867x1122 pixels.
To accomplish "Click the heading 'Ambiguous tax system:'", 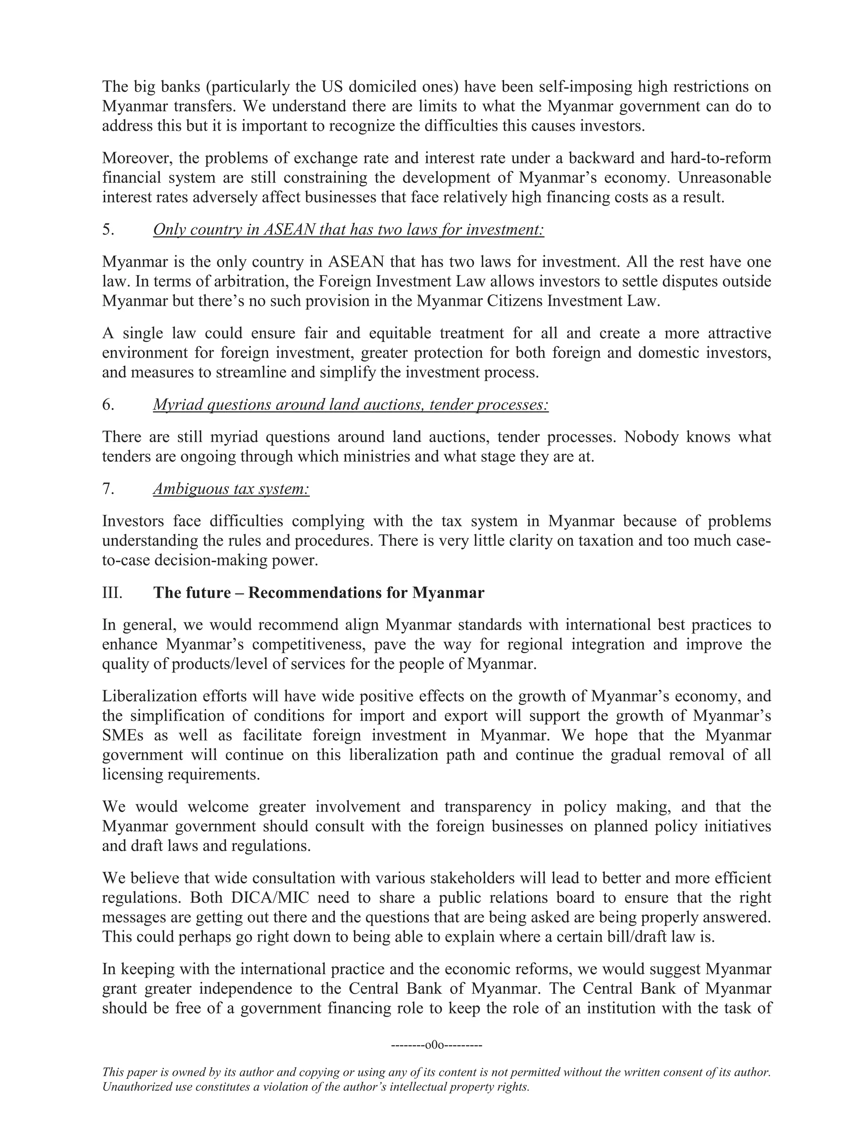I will pyautogui.click(x=231, y=489).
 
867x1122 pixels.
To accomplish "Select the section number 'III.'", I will pyautogui.click(x=113, y=593).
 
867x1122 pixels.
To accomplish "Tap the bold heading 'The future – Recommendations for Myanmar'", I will pyautogui.click(x=318, y=593).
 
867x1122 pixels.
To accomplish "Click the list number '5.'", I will pyautogui.click(x=108, y=229).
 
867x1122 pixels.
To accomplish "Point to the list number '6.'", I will pyautogui.click(x=108, y=405).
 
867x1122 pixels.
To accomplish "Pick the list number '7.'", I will pyautogui.click(x=108, y=489).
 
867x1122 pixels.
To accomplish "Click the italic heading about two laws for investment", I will pyautogui.click(x=348, y=229).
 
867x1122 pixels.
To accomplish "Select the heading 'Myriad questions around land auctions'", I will pyautogui.click(x=350, y=405).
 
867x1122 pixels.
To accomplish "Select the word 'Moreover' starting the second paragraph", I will pyautogui.click(x=135, y=158).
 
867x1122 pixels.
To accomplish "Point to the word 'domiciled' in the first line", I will pyautogui.click(x=388, y=87).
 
